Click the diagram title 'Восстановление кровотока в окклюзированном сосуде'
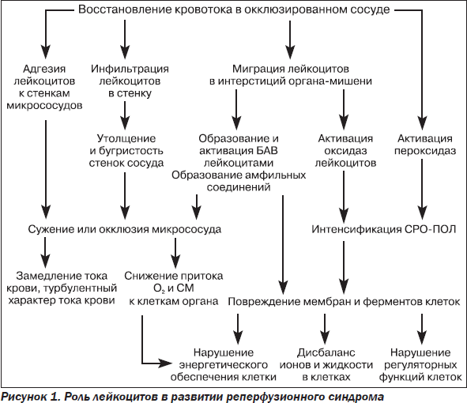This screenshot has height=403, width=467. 234,9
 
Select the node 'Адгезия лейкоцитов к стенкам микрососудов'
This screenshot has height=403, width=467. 45,87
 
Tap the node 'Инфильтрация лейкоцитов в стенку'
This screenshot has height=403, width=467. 130,81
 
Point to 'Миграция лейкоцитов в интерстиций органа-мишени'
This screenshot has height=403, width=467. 291,75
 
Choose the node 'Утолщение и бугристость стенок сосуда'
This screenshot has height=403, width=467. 126,151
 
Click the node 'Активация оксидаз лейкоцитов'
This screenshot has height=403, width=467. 345,151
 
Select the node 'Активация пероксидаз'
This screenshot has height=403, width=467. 425,145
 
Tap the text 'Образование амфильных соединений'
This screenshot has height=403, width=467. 239,181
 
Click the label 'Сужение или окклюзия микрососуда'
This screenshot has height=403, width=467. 125,229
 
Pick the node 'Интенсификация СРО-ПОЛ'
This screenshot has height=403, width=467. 384,229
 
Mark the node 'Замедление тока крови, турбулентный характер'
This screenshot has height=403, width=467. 62,288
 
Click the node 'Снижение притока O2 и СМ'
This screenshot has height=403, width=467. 174,288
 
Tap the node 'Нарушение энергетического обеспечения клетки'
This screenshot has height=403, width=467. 224,365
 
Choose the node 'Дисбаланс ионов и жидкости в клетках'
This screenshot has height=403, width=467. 326,365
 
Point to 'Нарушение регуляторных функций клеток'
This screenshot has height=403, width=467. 420,365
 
